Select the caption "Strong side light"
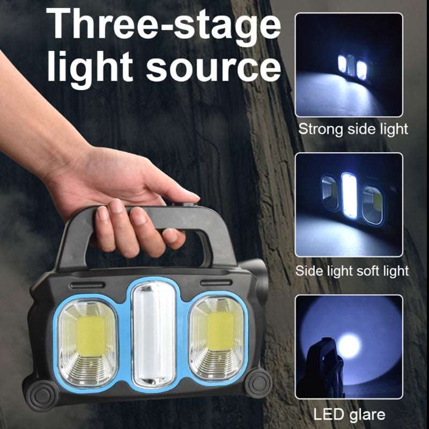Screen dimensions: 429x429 click(x=353, y=129)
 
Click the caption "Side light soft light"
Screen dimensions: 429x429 click(x=352, y=270)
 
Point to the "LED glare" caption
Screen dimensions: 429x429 click(x=349, y=414)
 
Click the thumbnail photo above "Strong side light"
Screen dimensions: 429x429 click(x=349, y=65)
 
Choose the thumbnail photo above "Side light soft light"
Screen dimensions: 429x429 click(x=349, y=204)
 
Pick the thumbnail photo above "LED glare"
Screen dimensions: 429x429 click(x=349, y=347)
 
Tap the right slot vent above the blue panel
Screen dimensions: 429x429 click(x=213, y=282)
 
